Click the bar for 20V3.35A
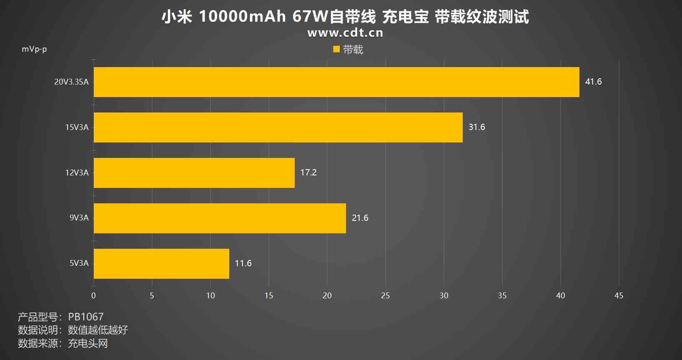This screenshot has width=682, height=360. coord(336,82)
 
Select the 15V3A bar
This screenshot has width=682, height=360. coord(278,127)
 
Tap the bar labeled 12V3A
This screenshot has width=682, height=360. coord(194,173)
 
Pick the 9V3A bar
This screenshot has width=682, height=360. coord(220,218)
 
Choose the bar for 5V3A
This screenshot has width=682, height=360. coord(161,264)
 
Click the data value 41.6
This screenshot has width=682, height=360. coord(593,82)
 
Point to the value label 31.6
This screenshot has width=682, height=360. coord(476,127)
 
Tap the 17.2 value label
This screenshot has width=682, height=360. coord(308,172)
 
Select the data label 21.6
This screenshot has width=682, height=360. coord(360,218)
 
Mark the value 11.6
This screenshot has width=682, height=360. coord(243,263)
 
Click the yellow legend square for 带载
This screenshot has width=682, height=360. coord(336,50)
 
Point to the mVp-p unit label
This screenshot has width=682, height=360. coord(34,49)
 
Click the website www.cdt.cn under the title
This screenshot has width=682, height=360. coord(345,33)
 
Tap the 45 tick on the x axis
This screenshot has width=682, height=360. coord(619,295)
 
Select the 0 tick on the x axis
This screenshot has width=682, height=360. coord(93,295)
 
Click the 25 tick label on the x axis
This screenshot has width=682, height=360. coord(385,295)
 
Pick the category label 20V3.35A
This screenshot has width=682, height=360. coord(71,82)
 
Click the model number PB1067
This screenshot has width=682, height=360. coord(86,317)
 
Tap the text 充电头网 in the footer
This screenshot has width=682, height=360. coord(88,343)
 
